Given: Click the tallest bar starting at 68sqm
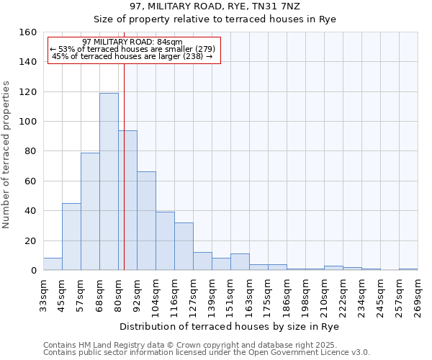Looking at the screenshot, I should click(x=109, y=181).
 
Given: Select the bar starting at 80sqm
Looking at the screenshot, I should click(x=127, y=200).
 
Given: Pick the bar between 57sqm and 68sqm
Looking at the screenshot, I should click(x=90, y=211).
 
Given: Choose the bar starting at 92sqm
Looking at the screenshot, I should click(x=146, y=220).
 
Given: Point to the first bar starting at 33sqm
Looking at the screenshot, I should click(x=53, y=264).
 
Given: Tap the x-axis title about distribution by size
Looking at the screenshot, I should click(x=229, y=326).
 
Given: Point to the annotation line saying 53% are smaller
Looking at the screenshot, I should click(x=132, y=49).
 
